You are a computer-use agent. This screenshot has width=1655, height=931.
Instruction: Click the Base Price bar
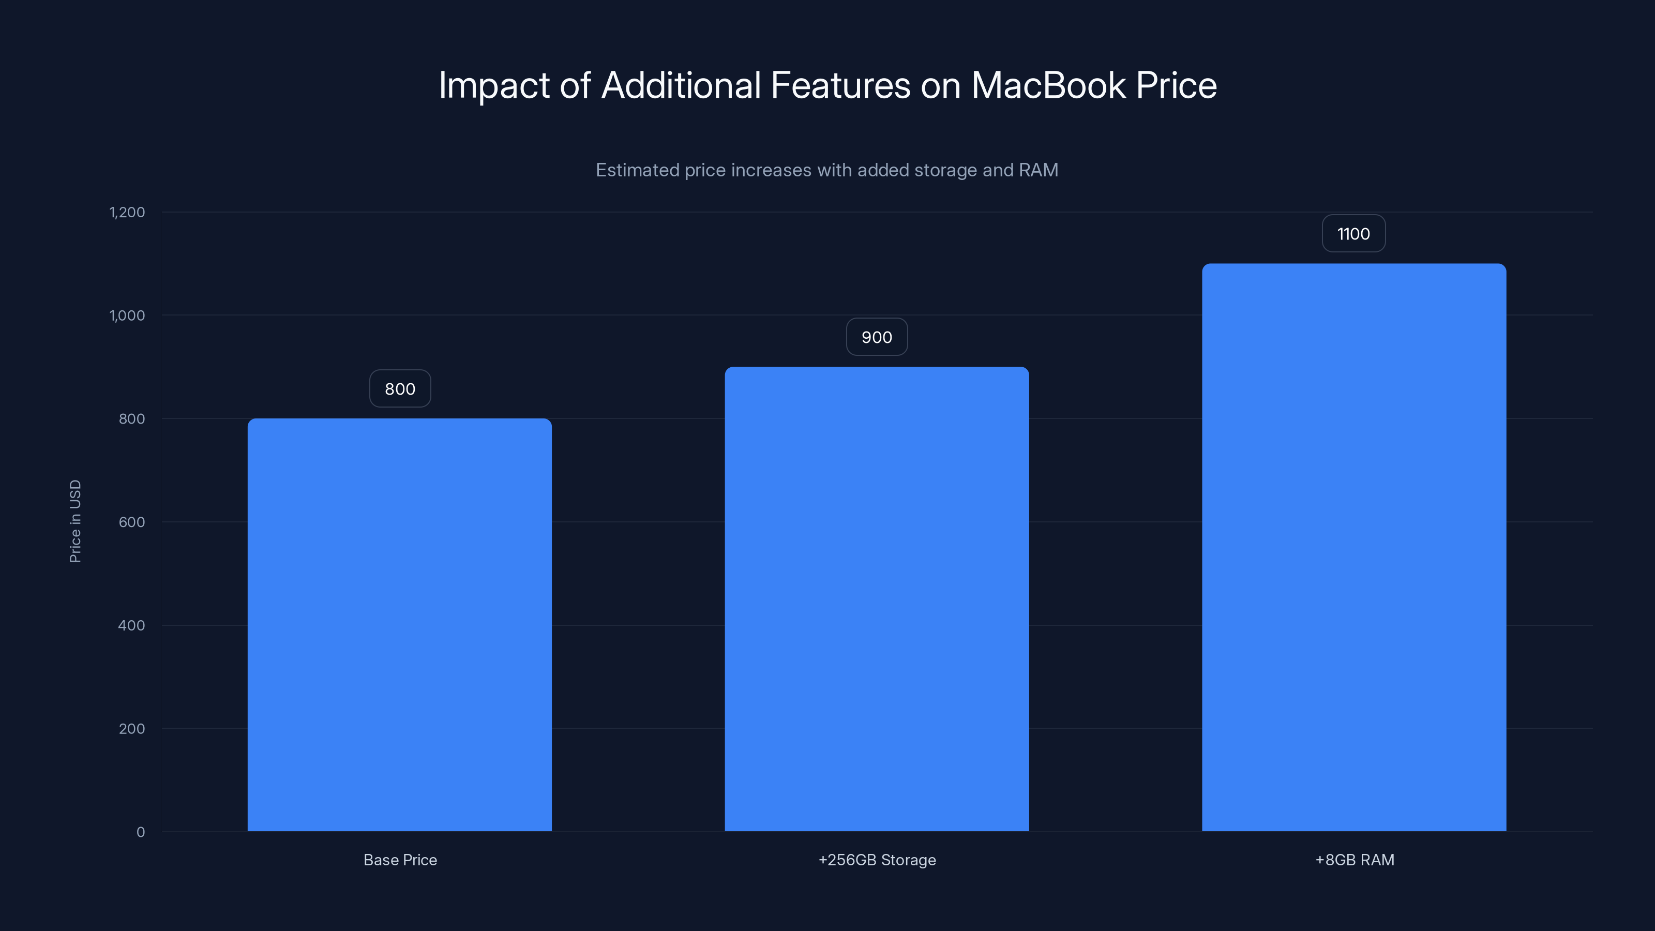tap(400, 624)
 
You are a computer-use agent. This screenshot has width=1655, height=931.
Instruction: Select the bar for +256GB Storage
tap(876, 599)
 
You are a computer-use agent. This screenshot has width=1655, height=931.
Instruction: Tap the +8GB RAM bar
tap(1353, 547)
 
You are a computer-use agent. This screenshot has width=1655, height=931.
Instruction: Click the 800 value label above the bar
tap(400, 389)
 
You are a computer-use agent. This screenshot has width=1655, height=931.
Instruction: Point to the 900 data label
tap(876, 337)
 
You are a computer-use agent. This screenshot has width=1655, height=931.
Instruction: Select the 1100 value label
tap(1353, 234)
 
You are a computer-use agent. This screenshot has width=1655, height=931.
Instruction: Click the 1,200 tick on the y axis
tap(127, 212)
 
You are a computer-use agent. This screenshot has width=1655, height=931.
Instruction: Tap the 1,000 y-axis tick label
tap(127, 316)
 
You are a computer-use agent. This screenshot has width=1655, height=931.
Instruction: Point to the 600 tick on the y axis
tap(132, 522)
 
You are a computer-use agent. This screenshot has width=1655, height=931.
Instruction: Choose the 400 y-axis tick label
tap(132, 625)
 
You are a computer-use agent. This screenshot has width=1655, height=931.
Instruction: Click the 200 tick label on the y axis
tap(132, 729)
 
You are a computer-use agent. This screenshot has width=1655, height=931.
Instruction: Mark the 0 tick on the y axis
tap(141, 832)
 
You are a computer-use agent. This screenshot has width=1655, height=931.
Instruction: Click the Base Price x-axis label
tap(400, 860)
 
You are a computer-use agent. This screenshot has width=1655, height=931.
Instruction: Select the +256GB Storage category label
tap(876, 860)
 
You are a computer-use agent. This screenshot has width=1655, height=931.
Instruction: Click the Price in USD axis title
tap(75, 521)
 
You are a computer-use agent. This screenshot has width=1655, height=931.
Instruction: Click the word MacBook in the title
tap(1048, 85)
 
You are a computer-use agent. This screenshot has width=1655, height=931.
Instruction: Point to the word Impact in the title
tap(493, 85)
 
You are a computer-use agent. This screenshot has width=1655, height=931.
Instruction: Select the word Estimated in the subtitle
tap(637, 170)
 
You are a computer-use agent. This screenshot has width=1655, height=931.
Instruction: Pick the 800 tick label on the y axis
tap(132, 419)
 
